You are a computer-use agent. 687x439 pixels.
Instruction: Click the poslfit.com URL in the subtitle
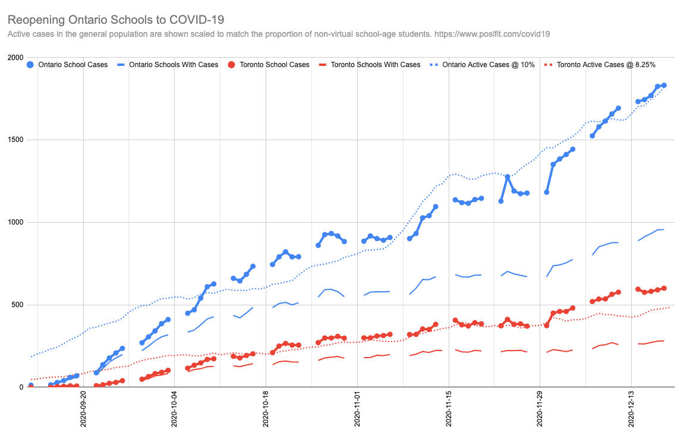pyautogui.click(x=491, y=34)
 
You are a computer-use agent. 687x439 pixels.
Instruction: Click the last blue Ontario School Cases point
pyautogui.click(x=664, y=86)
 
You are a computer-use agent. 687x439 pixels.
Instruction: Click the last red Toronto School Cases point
pyautogui.click(x=664, y=288)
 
